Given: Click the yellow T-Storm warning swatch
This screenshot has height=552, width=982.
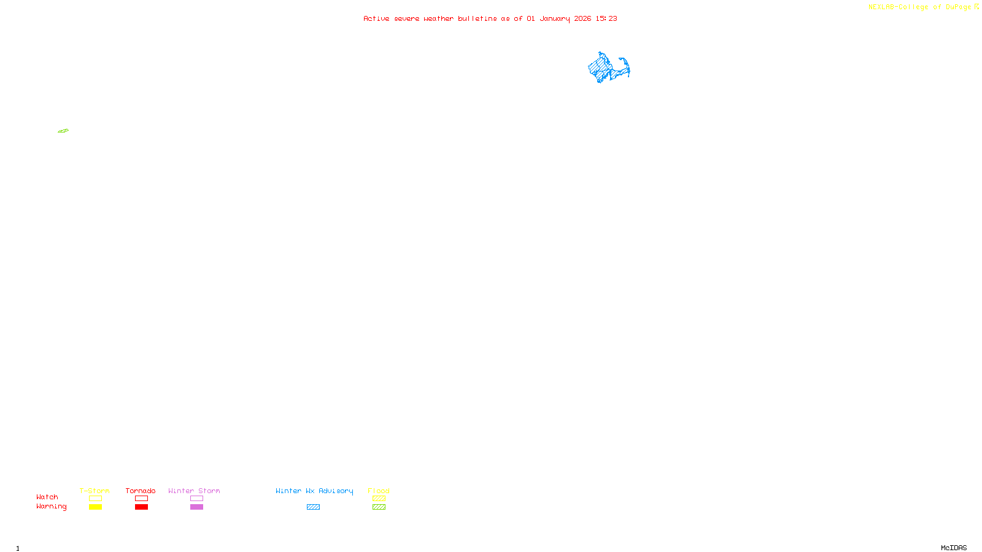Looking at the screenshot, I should [95, 507].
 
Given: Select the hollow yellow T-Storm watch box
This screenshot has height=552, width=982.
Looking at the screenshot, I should [95, 499].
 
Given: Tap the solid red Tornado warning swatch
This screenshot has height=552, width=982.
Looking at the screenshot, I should [141, 507].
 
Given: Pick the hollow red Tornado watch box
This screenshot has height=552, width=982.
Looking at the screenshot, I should [141, 499].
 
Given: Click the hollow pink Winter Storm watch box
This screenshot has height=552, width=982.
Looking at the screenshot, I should [196, 499].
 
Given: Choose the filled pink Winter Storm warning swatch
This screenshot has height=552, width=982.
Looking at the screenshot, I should [196, 507].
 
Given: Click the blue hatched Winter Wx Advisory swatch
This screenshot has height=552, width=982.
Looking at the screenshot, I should [313, 507].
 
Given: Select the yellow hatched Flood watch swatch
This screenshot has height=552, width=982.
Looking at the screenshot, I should [379, 499].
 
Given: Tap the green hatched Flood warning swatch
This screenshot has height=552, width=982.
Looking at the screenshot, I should [379, 507].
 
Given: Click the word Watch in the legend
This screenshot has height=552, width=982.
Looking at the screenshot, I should [47, 497].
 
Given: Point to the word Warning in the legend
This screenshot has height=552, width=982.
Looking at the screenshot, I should [51, 507].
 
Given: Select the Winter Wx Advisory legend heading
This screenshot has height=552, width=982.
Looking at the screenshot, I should [314, 491].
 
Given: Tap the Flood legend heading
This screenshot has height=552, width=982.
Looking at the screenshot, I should [379, 491].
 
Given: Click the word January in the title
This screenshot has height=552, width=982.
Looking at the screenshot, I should [554, 18].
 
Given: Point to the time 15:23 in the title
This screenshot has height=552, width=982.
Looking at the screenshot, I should [606, 18].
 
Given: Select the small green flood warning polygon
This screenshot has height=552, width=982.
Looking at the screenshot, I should [63, 131].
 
